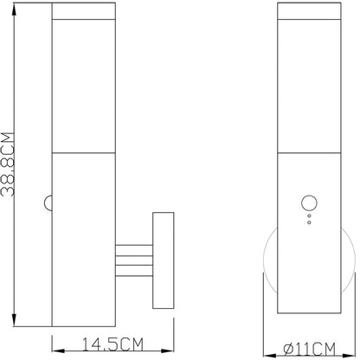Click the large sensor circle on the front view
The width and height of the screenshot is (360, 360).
[307, 204]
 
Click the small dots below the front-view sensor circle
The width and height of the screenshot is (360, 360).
[307, 222]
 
